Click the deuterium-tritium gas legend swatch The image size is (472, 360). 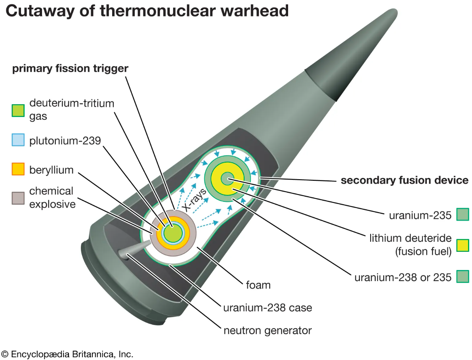point(18,111)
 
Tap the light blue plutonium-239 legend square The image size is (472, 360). point(18,140)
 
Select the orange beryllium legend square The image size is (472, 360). point(18,169)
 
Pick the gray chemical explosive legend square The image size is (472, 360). point(18,198)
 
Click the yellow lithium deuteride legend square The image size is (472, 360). point(462,245)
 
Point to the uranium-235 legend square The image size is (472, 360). point(462,214)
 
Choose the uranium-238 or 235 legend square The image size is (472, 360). point(462,276)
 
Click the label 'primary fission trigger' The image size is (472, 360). point(70,69)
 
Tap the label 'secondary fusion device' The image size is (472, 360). point(405,180)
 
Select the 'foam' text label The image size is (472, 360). point(258,285)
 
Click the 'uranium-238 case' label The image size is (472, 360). point(268,308)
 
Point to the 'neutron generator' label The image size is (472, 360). point(268,331)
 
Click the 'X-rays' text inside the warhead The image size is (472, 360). point(195,199)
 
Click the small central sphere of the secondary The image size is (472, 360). point(227,179)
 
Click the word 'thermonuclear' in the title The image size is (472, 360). point(157,11)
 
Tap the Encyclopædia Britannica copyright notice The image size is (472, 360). point(67,354)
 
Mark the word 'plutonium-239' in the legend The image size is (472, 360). point(65,140)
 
